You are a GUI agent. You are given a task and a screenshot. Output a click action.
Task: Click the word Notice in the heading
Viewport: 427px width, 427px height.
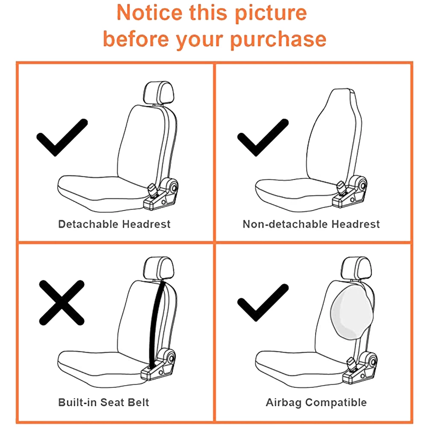tap(149, 12)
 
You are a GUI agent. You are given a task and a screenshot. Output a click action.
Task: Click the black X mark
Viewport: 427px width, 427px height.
tap(62, 303)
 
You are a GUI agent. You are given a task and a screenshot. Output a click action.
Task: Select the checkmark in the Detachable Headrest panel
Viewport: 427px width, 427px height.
tap(62, 137)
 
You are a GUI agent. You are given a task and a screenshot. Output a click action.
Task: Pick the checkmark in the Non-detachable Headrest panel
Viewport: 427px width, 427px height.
tap(263, 137)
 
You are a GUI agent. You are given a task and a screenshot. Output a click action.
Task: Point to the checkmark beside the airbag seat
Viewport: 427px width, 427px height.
tap(263, 303)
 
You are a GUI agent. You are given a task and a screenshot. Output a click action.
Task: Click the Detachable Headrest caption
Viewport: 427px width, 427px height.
tap(114, 224)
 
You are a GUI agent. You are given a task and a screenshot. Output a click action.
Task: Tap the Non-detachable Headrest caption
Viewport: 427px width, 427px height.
tap(311, 224)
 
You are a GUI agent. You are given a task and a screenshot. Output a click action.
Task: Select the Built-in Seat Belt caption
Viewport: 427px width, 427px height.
tap(104, 402)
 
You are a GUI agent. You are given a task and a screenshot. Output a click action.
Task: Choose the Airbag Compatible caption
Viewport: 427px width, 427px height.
tap(316, 403)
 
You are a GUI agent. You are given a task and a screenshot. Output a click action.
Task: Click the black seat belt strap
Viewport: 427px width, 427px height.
tap(155, 324)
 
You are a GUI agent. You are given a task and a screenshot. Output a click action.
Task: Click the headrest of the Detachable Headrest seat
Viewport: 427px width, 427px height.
tap(158, 93)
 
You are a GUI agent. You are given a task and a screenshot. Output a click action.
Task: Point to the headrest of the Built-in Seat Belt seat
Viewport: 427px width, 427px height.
tap(158, 268)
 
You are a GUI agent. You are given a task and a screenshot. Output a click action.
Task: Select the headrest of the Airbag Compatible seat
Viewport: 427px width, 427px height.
tap(356, 268)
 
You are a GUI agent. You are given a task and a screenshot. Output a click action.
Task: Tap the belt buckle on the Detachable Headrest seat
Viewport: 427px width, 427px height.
tap(153, 190)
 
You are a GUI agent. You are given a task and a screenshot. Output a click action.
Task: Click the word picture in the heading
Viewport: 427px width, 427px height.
tap(271, 13)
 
